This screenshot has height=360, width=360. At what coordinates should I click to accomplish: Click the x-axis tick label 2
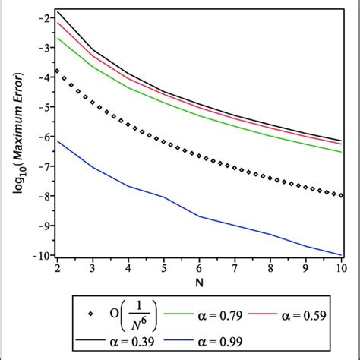57,268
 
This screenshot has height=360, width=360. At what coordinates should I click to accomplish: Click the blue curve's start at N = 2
58,141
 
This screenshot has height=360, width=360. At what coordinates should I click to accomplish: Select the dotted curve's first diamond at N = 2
58,71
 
